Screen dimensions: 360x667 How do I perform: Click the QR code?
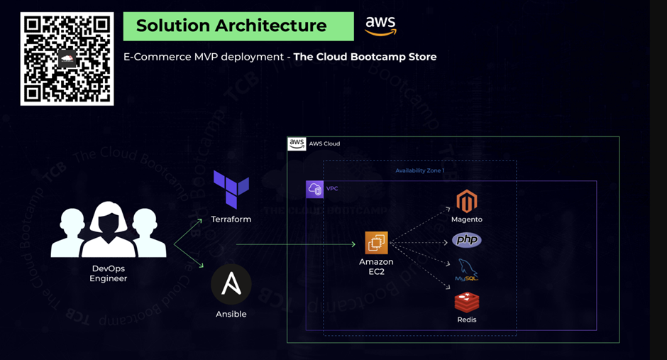click(x=67, y=59)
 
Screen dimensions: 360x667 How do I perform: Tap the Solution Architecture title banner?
click(x=238, y=26)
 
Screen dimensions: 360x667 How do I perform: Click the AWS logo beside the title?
click(x=381, y=26)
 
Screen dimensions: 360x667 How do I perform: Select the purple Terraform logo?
click(x=231, y=190)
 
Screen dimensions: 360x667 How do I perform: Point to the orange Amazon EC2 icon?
click(x=376, y=243)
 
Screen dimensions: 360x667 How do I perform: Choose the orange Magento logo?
click(x=466, y=202)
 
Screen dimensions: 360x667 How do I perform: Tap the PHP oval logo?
click(x=466, y=241)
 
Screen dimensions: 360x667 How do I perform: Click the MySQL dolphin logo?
click(x=466, y=271)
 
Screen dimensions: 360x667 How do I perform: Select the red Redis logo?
click(x=466, y=302)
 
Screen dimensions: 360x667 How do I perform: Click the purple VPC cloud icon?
click(x=314, y=189)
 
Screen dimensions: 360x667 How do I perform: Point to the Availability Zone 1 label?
click(x=420, y=171)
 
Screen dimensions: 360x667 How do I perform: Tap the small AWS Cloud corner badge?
click(x=297, y=143)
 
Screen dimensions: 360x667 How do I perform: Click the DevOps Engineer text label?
click(x=109, y=273)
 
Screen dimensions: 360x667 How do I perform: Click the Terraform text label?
click(x=231, y=219)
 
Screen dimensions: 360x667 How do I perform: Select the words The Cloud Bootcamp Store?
click(x=365, y=57)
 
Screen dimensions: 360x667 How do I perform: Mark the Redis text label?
click(x=466, y=320)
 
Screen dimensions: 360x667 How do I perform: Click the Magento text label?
click(x=466, y=219)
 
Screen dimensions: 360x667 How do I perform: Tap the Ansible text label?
click(x=231, y=314)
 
